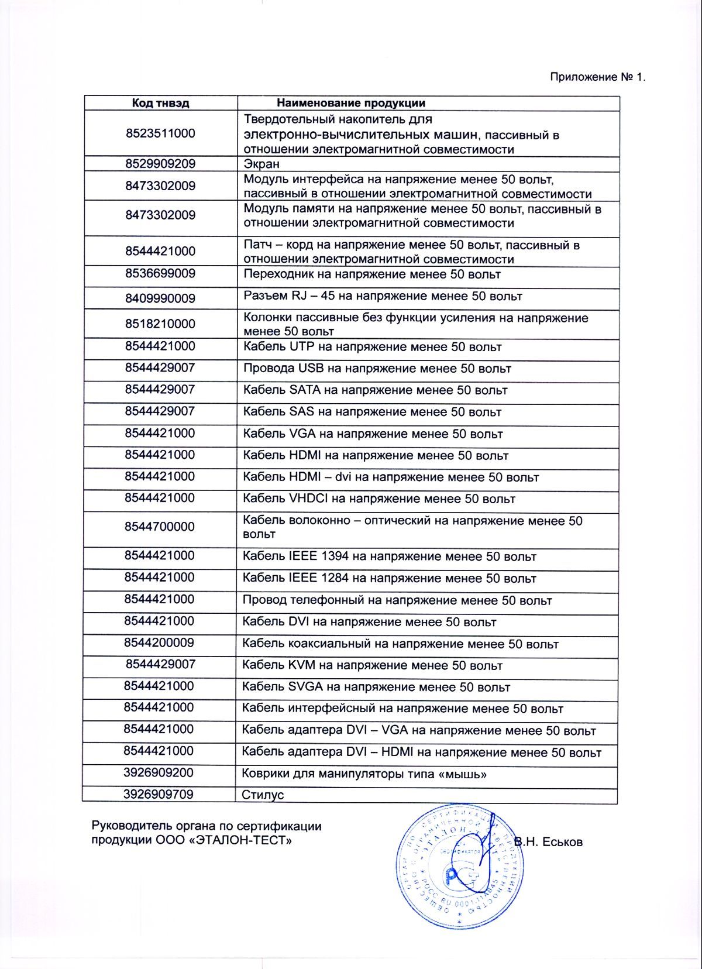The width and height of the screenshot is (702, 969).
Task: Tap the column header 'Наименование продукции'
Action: coord(351,103)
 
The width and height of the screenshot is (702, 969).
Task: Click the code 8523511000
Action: coord(160,133)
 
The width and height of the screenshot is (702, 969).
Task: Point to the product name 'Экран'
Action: coord(261,164)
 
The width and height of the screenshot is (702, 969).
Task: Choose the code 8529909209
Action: coord(160,163)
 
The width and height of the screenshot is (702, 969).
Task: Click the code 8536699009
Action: coord(160,273)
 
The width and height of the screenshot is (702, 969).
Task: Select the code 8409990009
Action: coord(160,298)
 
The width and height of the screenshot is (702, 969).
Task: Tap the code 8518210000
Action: coord(160,324)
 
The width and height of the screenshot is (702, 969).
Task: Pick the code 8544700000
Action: coord(160,527)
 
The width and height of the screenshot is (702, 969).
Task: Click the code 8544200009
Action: coord(159,642)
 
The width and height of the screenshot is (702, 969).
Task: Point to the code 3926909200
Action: coord(159,772)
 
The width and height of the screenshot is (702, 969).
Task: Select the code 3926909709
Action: coord(159,794)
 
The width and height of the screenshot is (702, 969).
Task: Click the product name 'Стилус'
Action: coord(263,795)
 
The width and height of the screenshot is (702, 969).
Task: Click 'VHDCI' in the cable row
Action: coord(309,499)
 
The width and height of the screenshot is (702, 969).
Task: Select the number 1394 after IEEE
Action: coord(335,556)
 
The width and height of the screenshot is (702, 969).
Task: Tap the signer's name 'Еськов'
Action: coord(562,842)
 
